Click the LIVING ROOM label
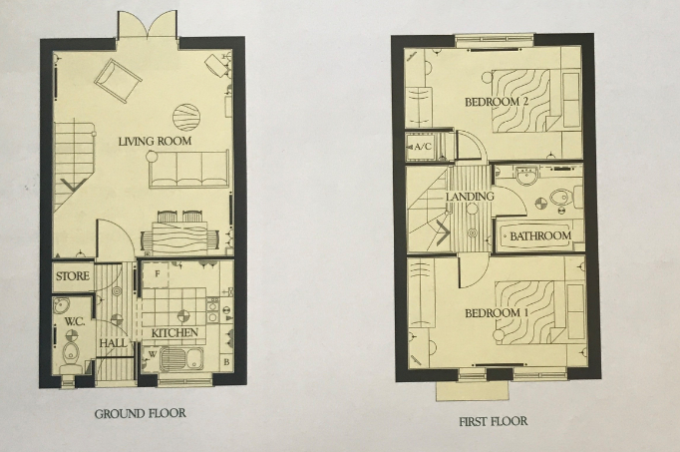[x=155, y=142]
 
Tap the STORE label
[x=73, y=275]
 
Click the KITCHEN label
[x=174, y=332]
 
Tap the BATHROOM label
[x=540, y=237]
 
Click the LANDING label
[x=470, y=197]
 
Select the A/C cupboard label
[x=421, y=148]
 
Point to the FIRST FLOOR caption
[x=493, y=422]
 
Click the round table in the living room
[x=186, y=117]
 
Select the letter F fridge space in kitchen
[x=158, y=271]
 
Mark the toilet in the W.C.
[x=69, y=356]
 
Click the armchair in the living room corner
[x=117, y=78]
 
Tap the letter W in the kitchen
[x=152, y=351]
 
